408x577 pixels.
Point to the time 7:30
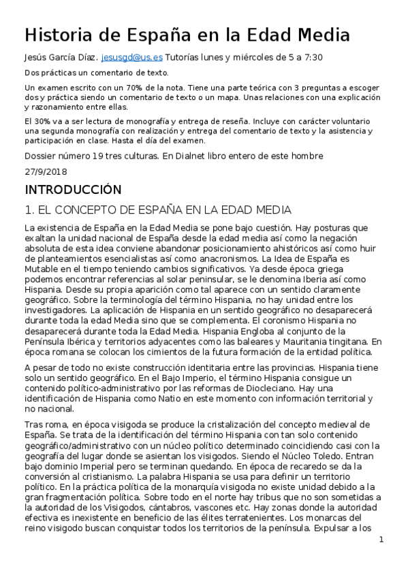(311, 59)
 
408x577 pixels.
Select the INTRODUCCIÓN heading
(72, 189)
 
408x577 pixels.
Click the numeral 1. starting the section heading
(29, 209)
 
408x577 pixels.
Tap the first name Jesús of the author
(37, 59)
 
